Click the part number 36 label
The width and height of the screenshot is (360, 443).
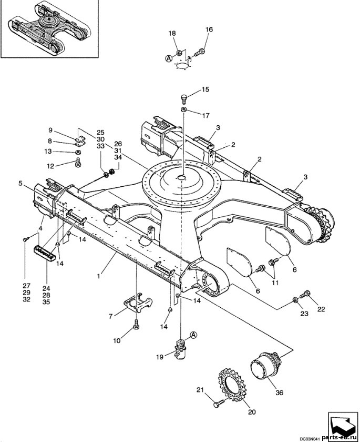coord(279,392)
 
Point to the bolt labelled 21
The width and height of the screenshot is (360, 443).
coord(219,404)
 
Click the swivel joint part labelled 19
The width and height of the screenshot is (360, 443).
coord(180,350)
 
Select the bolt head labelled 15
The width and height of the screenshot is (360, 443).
coord(183,99)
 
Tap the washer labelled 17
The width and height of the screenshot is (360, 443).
coord(183,109)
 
